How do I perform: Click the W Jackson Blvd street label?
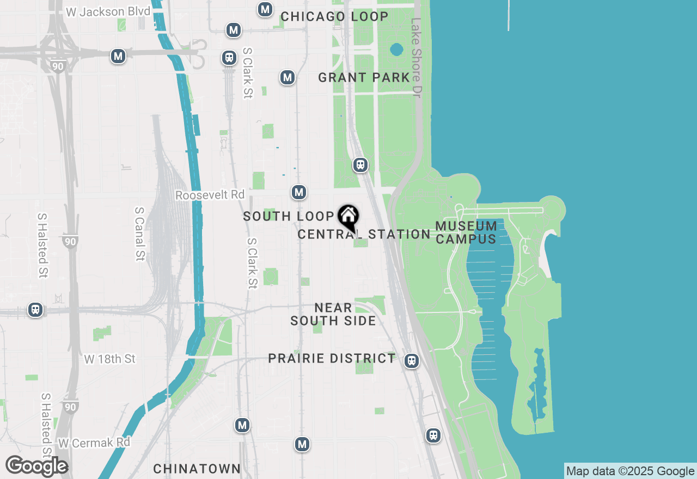click(107, 11)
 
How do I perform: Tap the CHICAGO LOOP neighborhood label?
click(334, 17)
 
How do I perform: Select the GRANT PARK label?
click(364, 78)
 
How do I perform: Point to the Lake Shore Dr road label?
click(416, 58)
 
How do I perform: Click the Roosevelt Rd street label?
click(210, 195)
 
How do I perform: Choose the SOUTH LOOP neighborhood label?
click(288, 216)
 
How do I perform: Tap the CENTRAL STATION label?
click(364, 235)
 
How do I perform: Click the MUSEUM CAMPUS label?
click(466, 232)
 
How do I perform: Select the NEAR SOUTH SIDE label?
click(333, 315)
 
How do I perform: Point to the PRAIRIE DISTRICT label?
click(332, 358)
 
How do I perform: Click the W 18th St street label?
click(110, 359)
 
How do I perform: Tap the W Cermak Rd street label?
click(94, 443)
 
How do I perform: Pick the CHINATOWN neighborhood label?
click(197, 469)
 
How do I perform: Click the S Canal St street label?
click(140, 234)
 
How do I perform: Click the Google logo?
click(36, 466)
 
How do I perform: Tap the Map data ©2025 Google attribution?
click(630, 471)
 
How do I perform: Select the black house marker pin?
click(348, 217)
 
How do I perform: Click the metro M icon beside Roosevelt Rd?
click(298, 192)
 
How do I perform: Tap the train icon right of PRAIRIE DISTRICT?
click(412, 360)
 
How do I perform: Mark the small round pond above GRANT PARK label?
click(396, 50)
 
